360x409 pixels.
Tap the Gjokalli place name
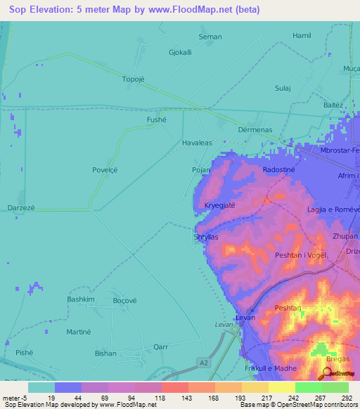(180, 53)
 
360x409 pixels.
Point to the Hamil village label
(302, 35)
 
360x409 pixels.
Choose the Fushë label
(156, 120)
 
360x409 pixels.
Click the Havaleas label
(197, 143)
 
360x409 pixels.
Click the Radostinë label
(278, 170)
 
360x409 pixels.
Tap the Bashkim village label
(81, 299)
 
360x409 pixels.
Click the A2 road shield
(203, 363)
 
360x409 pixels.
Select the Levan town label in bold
(244, 318)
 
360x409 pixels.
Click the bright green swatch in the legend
(309, 387)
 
